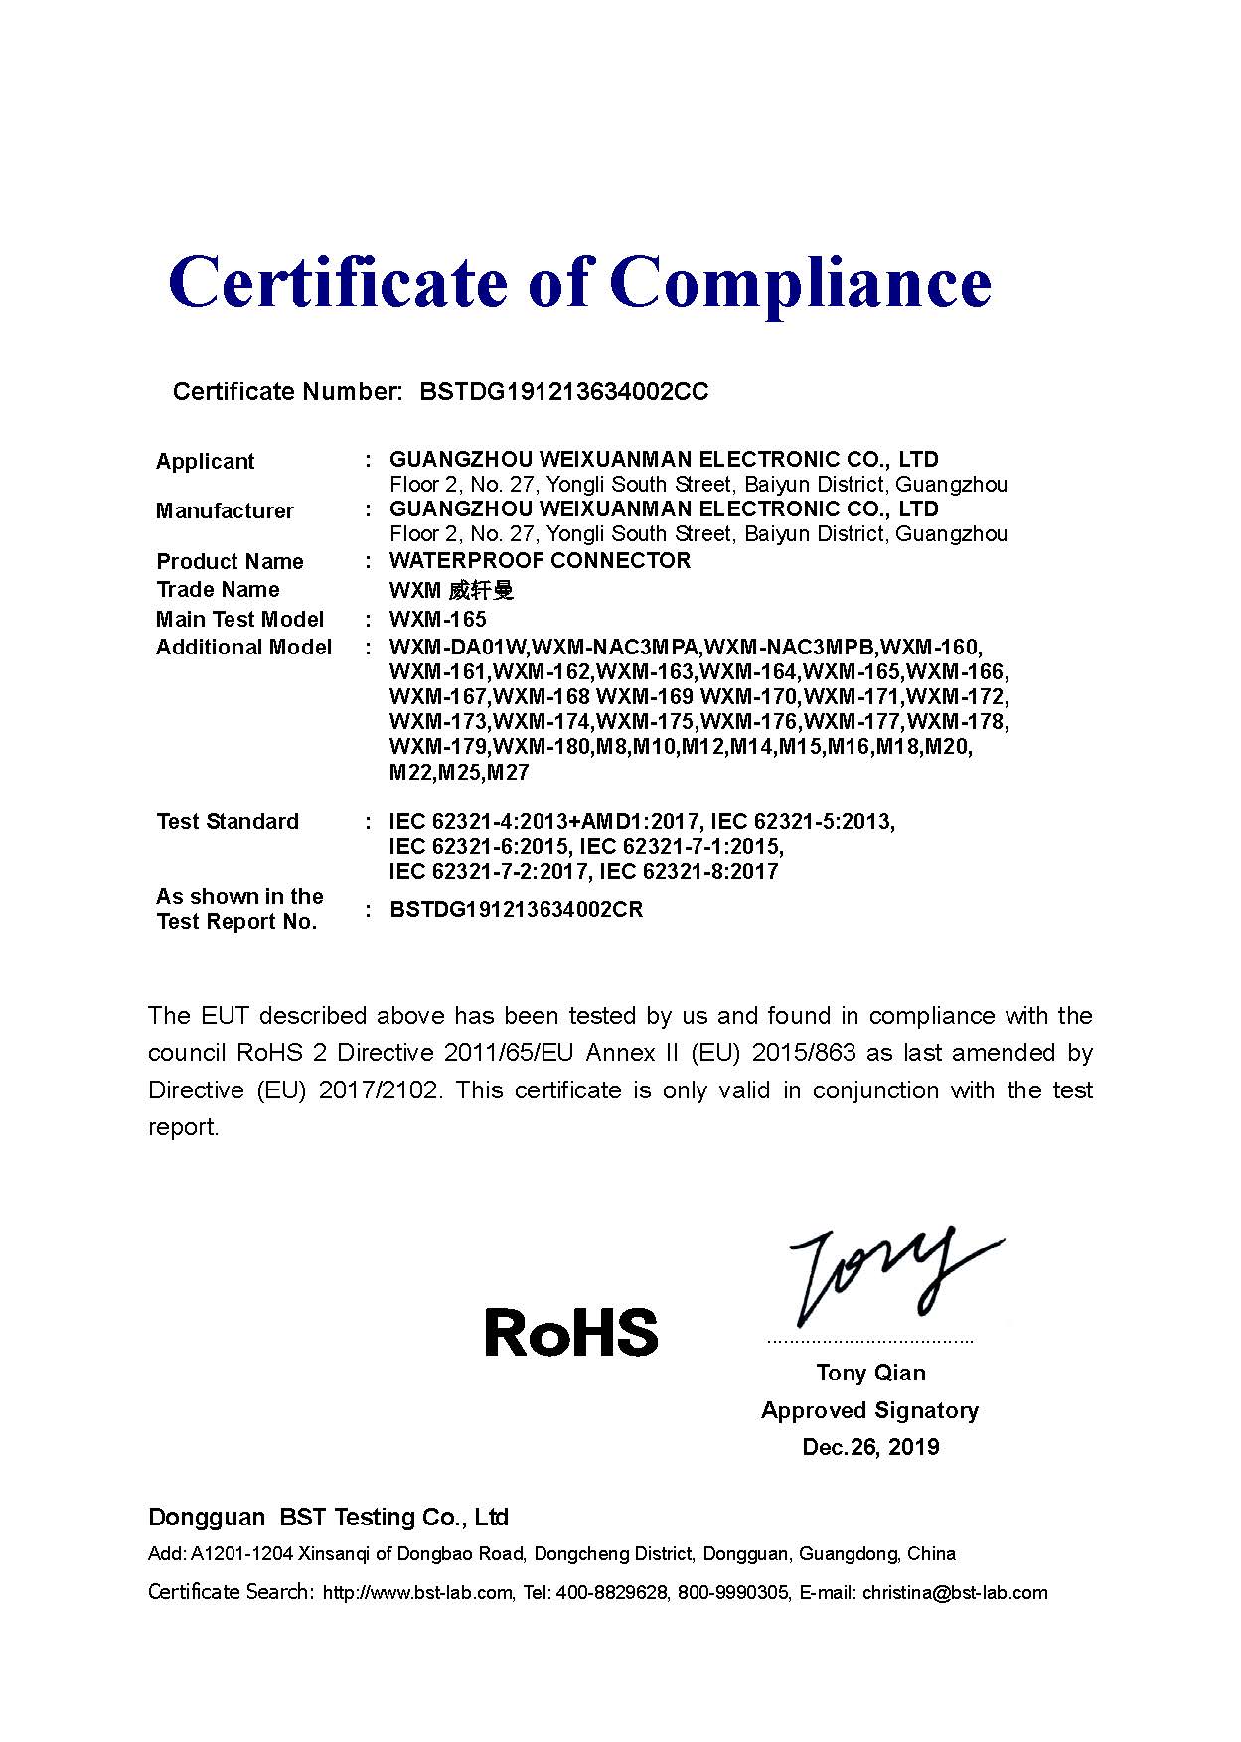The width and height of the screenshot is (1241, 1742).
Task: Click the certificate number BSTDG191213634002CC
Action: [x=564, y=391]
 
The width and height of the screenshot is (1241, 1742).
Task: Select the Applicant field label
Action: [x=205, y=461]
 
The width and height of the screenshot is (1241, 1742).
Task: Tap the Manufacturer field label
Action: [x=225, y=510]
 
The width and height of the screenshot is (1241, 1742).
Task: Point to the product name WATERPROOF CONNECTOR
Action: [x=540, y=560]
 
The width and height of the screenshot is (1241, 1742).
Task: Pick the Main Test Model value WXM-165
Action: [x=438, y=619]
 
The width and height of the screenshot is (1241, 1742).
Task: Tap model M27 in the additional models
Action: [x=509, y=772]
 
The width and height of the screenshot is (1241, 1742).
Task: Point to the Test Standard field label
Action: [x=228, y=821]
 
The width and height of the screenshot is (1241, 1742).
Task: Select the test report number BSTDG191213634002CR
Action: [x=517, y=909]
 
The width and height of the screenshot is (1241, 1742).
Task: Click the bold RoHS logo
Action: [x=571, y=1331]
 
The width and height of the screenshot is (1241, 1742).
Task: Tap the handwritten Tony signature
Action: [x=884, y=1276]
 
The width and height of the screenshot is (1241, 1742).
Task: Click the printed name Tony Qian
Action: [x=870, y=1373]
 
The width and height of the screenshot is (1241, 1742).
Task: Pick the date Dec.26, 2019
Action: [x=870, y=1446]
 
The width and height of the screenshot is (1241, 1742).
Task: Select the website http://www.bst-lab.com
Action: [x=417, y=1593]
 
